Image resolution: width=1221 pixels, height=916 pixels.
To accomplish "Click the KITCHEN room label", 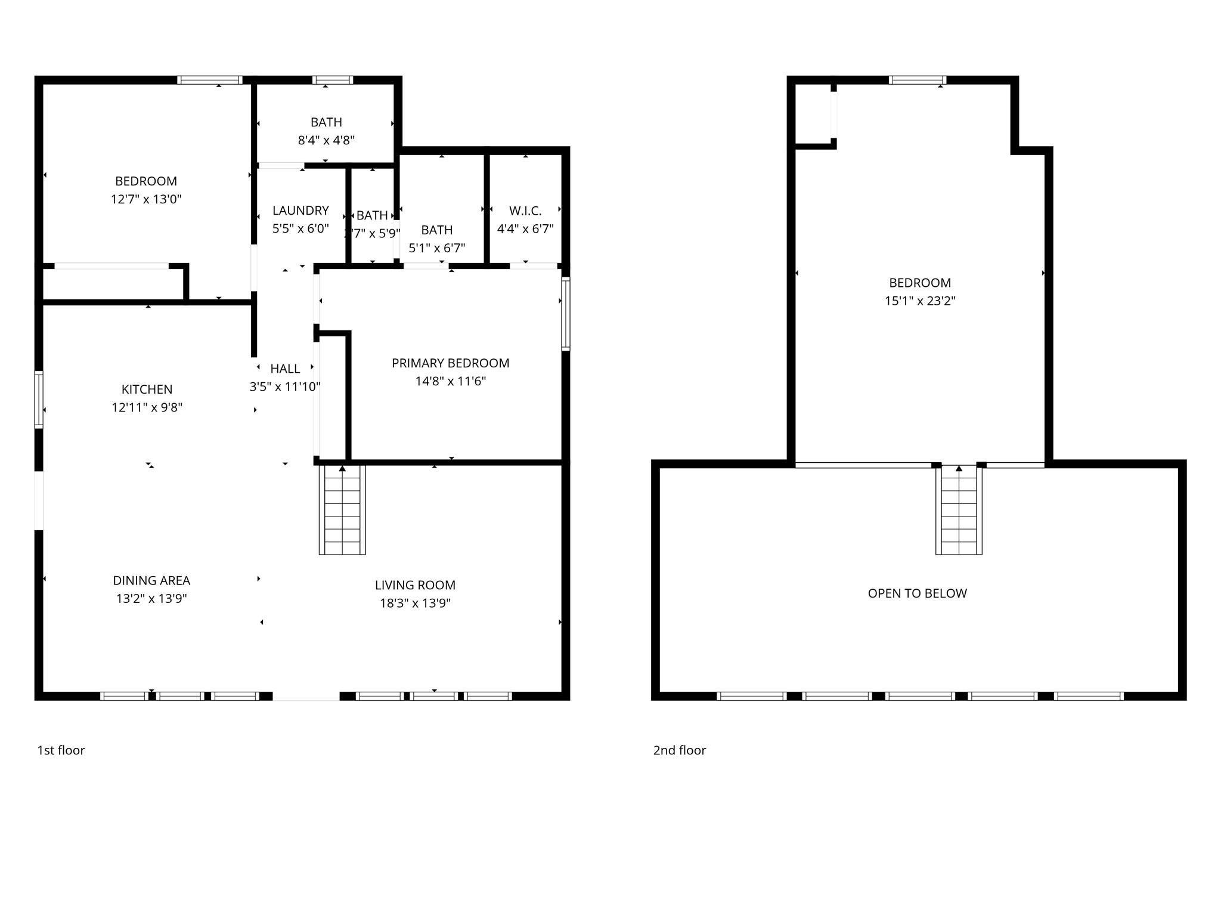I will [x=147, y=389].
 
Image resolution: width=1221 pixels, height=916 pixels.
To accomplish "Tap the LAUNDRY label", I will [x=300, y=211].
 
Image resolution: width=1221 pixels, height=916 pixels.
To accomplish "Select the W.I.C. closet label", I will [x=525, y=211].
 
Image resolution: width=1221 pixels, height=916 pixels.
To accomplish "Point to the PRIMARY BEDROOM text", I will [x=450, y=363].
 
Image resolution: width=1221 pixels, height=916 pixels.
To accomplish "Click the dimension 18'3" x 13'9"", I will [x=415, y=603].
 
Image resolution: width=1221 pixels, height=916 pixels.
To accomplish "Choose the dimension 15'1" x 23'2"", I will [x=920, y=301].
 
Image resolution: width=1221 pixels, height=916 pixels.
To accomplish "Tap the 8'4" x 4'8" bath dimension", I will [x=326, y=140].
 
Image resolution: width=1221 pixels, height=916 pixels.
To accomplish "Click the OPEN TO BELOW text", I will [x=917, y=593].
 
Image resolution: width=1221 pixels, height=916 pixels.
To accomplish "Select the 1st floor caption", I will [x=61, y=750].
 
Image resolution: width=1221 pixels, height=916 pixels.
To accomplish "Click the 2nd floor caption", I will [x=679, y=750].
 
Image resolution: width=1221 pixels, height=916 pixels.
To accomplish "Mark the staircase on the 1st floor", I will [x=342, y=510].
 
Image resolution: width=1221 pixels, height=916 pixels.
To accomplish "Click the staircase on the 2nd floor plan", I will [x=958, y=510].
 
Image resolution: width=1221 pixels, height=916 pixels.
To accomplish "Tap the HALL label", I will [x=285, y=369].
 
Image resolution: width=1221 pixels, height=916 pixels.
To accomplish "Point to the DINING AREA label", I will [x=151, y=580].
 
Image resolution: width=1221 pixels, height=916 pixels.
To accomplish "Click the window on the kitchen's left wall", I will [x=39, y=400].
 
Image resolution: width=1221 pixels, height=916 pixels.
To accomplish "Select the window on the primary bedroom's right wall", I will [x=565, y=313].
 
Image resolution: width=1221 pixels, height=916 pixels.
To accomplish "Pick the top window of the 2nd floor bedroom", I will [x=917, y=80].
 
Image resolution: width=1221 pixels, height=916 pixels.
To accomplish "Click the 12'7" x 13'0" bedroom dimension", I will [x=146, y=199].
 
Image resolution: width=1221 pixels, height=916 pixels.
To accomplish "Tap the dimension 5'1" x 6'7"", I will [x=436, y=248].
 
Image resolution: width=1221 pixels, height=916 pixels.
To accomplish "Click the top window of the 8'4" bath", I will [x=333, y=80].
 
